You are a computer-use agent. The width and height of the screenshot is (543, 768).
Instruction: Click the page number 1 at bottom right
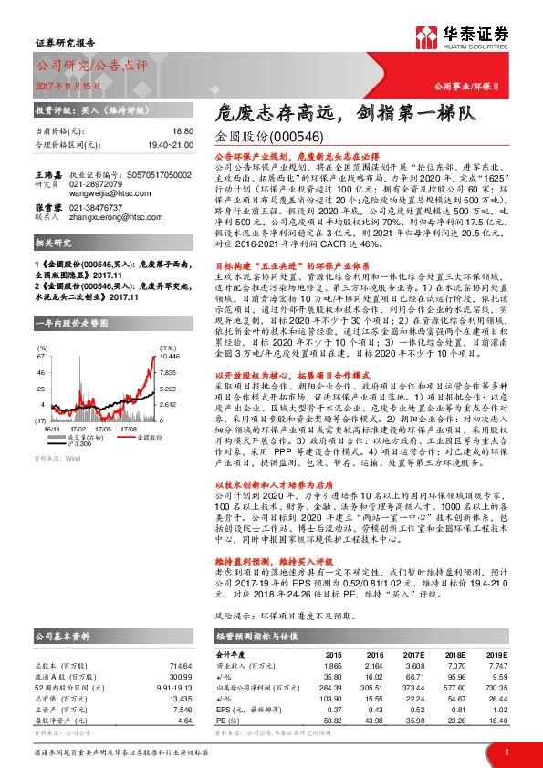coord(506,751)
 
